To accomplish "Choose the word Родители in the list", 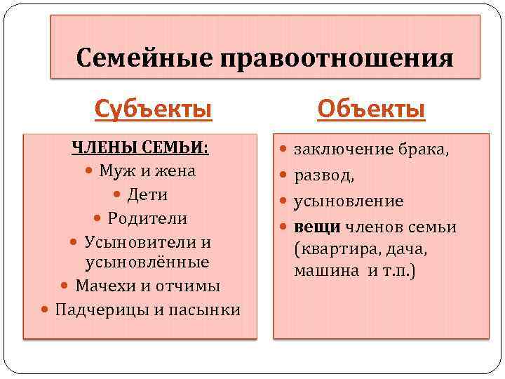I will pyautogui.click(x=147, y=218).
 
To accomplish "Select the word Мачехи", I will pyautogui.click(x=107, y=286).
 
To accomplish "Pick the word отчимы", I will pyautogui.click(x=189, y=286).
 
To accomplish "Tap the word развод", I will pyautogui.click(x=322, y=175).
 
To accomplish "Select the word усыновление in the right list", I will pyautogui.click(x=349, y=201).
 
